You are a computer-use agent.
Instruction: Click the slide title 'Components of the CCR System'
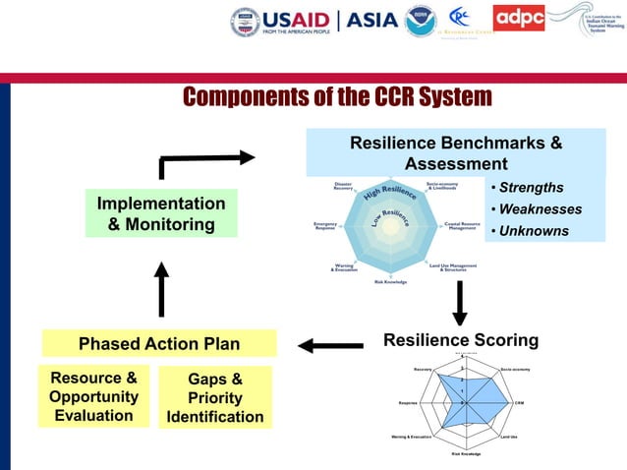click(x=337, y=97)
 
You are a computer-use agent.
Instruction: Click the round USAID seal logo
click(x=245, y=21)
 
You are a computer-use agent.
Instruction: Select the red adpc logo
click(x=519, y=18)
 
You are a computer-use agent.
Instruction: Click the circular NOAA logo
click(x=421, y=21)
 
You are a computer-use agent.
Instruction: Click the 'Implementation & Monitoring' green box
click(x=161, y=213)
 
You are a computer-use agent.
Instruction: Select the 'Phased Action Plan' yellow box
click(x=159, y=343)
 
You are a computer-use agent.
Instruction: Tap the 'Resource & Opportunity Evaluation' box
click(x=93, y=396)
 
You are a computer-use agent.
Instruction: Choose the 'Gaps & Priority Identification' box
click(x=215, y=397)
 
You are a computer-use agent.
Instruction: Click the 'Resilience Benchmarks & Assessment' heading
click(x=456, y=153)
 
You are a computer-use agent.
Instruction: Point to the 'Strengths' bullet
click(x=531, y=188)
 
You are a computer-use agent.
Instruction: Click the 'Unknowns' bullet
click(x=533, y=231)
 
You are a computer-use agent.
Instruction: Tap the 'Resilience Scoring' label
click(x=461, y=340)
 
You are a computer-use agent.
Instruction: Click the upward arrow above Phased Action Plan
click(x=161, y=289)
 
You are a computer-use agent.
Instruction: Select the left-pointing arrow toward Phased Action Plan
click(x=331, y=345)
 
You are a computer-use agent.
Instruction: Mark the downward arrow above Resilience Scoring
click(x=459, y=302)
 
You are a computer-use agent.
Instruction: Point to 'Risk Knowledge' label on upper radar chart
click(x=390, y=282)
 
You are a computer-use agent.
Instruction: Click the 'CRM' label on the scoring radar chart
click(x=519, y=402)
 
